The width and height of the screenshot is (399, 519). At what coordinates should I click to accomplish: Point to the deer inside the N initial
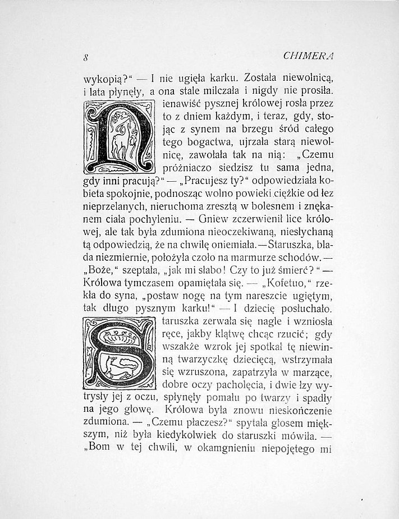[119, 141]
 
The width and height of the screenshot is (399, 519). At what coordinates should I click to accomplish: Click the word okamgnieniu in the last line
[237, 449]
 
